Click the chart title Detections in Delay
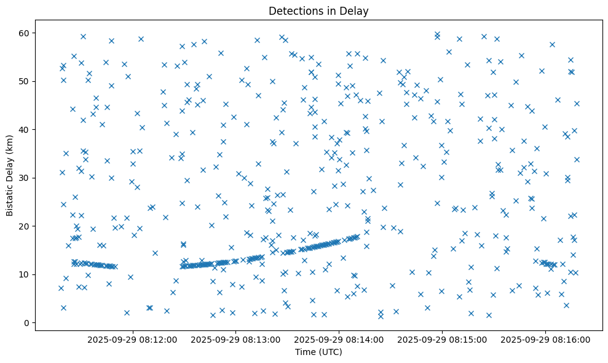pos(318,11)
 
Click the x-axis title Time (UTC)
pos(318,352)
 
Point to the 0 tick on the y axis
pos(28,322)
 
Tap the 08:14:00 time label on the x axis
pos(339,339)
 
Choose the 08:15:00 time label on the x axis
pos(442,339)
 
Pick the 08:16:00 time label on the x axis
pos(545,339)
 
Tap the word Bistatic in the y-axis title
pos(10,197)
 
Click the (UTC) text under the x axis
pos(330,352)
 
